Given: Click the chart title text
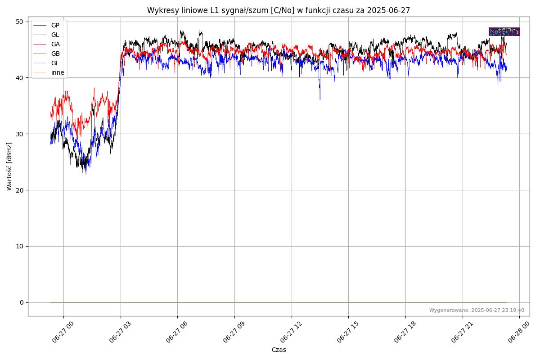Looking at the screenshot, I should [279, 10].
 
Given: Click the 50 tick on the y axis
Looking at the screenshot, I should [20, 22].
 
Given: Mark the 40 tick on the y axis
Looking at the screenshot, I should [20, 78].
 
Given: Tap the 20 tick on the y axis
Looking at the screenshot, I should [20, 190].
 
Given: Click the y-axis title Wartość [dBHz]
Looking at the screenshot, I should [9, 166].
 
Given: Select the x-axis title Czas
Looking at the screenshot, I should [279, 350].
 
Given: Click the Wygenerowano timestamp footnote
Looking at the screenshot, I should [477, 310].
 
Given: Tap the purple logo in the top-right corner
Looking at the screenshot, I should [504, 31].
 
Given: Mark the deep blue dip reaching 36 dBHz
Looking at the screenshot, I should [320, 99].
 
